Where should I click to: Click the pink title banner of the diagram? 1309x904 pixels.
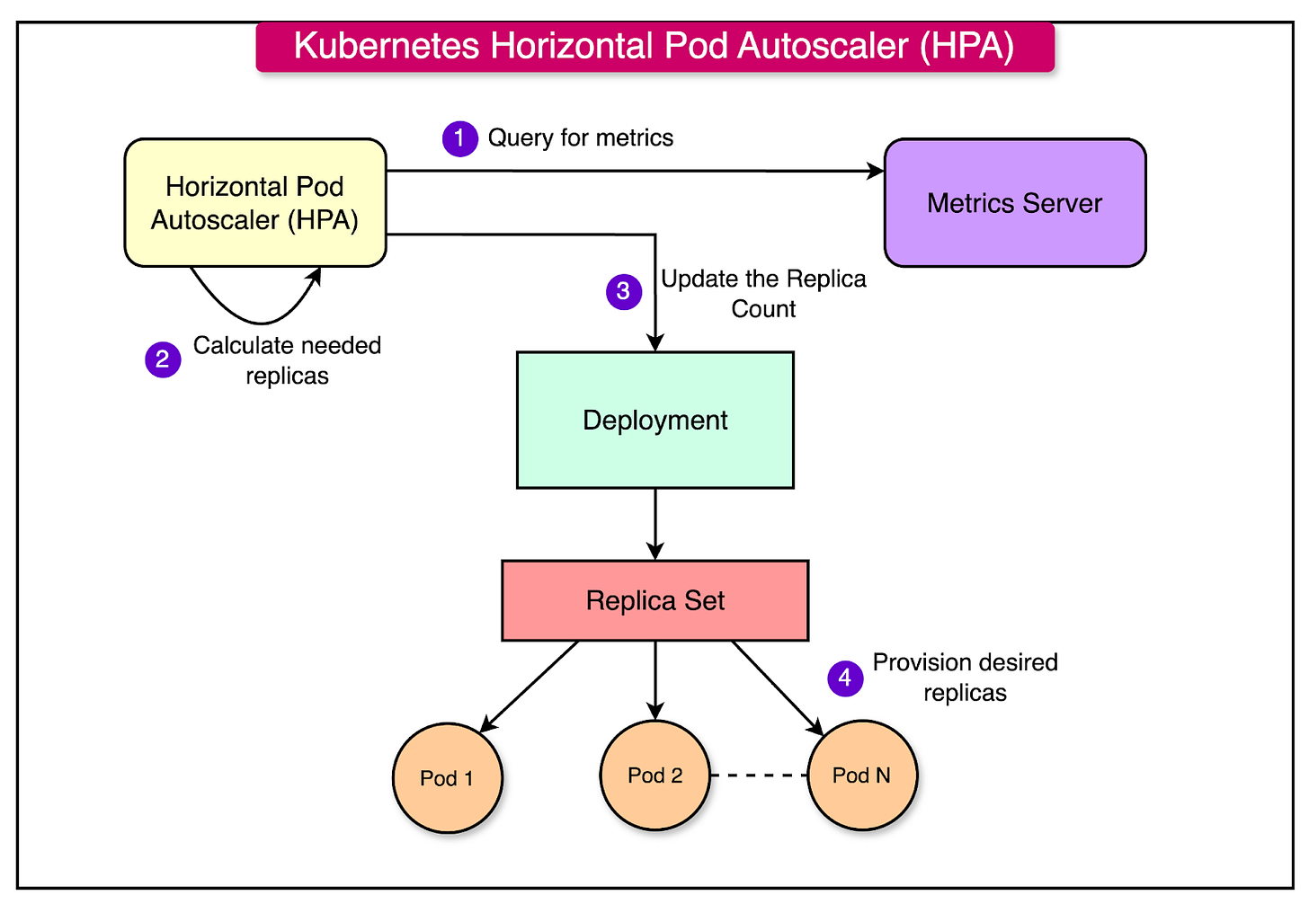[x=654, y=47]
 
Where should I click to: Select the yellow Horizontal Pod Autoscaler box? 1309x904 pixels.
[x=255, y=203]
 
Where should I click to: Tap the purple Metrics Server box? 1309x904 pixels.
[x=1014, y=203]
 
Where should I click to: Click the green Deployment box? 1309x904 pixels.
[x=654, y=420]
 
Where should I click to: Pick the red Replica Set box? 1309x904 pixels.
[x=654, y=600]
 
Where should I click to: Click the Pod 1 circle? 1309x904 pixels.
[x=447, y=778]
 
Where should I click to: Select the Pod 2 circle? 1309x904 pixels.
[x=654, y=775]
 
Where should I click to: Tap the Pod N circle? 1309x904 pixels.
[x=861, y=775]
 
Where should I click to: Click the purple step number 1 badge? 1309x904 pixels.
[x=459, y=138]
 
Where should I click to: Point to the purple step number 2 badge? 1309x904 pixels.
[x=163, y=359]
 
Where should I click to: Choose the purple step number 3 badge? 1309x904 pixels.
[x=623, y=292]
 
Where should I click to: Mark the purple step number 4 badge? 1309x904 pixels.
[x=844, y=678]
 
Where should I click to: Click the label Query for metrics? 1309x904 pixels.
[x=580, y=137]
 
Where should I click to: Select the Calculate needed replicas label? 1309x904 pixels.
[x=287, y=360]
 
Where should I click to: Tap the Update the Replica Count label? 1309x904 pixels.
[x=763, y=294]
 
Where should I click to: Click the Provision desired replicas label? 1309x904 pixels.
[x=965, y=678]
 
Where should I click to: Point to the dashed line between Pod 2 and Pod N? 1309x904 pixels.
[x=759, y=775]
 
